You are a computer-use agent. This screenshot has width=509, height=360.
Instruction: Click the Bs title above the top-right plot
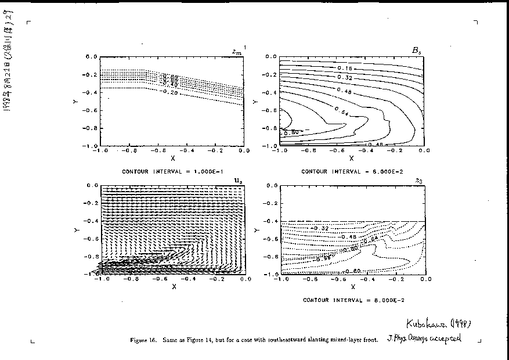[x=416, y=51]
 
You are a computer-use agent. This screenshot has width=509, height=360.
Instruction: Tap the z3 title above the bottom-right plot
[x=418, y=181]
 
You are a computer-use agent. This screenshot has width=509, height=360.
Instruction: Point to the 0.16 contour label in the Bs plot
[x=345, y=69]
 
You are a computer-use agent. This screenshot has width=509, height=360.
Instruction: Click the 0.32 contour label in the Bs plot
[x=345, y=77]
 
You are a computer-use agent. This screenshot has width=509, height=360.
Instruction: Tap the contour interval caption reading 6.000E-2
[x=352, y=172]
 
